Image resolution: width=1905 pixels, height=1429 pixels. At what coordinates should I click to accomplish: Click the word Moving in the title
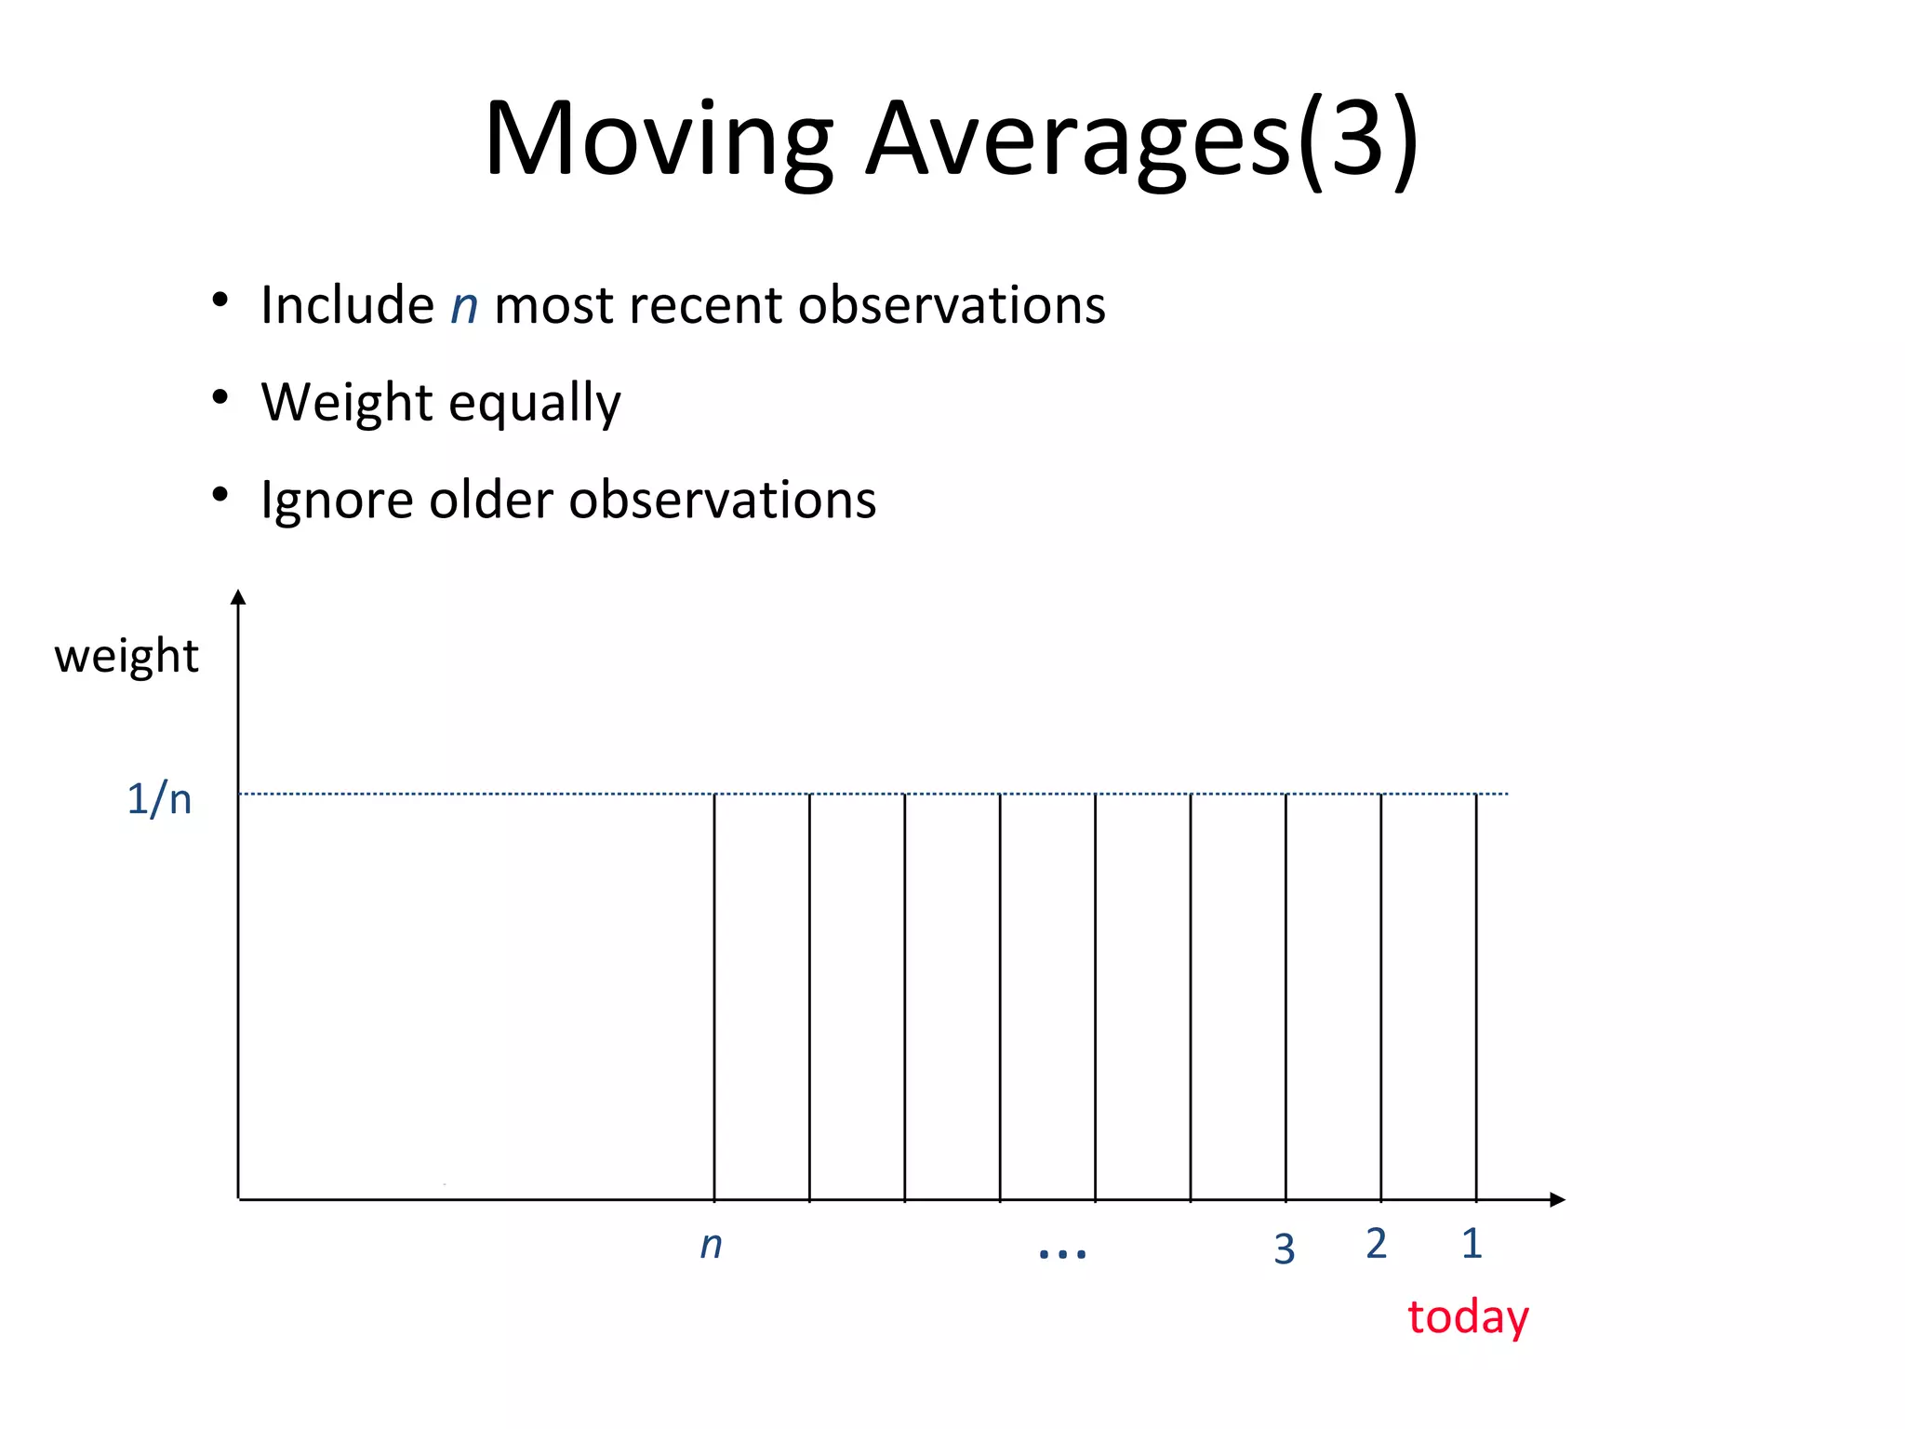click(659, 140)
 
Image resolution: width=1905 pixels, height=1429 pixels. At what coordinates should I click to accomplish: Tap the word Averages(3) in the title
click(1142, 140)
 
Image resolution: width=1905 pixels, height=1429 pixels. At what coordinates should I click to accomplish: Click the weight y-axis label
click(127, 657)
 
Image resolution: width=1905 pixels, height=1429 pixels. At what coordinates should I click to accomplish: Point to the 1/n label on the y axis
click(159, 799)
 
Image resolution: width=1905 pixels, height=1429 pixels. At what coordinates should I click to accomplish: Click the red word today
click(1468, 1317)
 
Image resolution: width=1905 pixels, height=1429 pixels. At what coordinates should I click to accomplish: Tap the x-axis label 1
click(1472, 1244)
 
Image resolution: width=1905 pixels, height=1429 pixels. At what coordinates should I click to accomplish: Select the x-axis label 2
click(1377, 1244)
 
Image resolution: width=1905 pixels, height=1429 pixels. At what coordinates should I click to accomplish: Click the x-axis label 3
click(1285, 1249)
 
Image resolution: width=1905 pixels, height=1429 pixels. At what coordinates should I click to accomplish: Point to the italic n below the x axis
click(711, 1245)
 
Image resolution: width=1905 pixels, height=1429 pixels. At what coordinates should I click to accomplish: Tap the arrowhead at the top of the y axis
click(238, 597)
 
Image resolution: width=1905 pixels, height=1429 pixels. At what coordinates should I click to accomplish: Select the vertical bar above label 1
click(1476, 995)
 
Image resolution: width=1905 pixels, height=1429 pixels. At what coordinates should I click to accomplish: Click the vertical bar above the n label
click(714, 995)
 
